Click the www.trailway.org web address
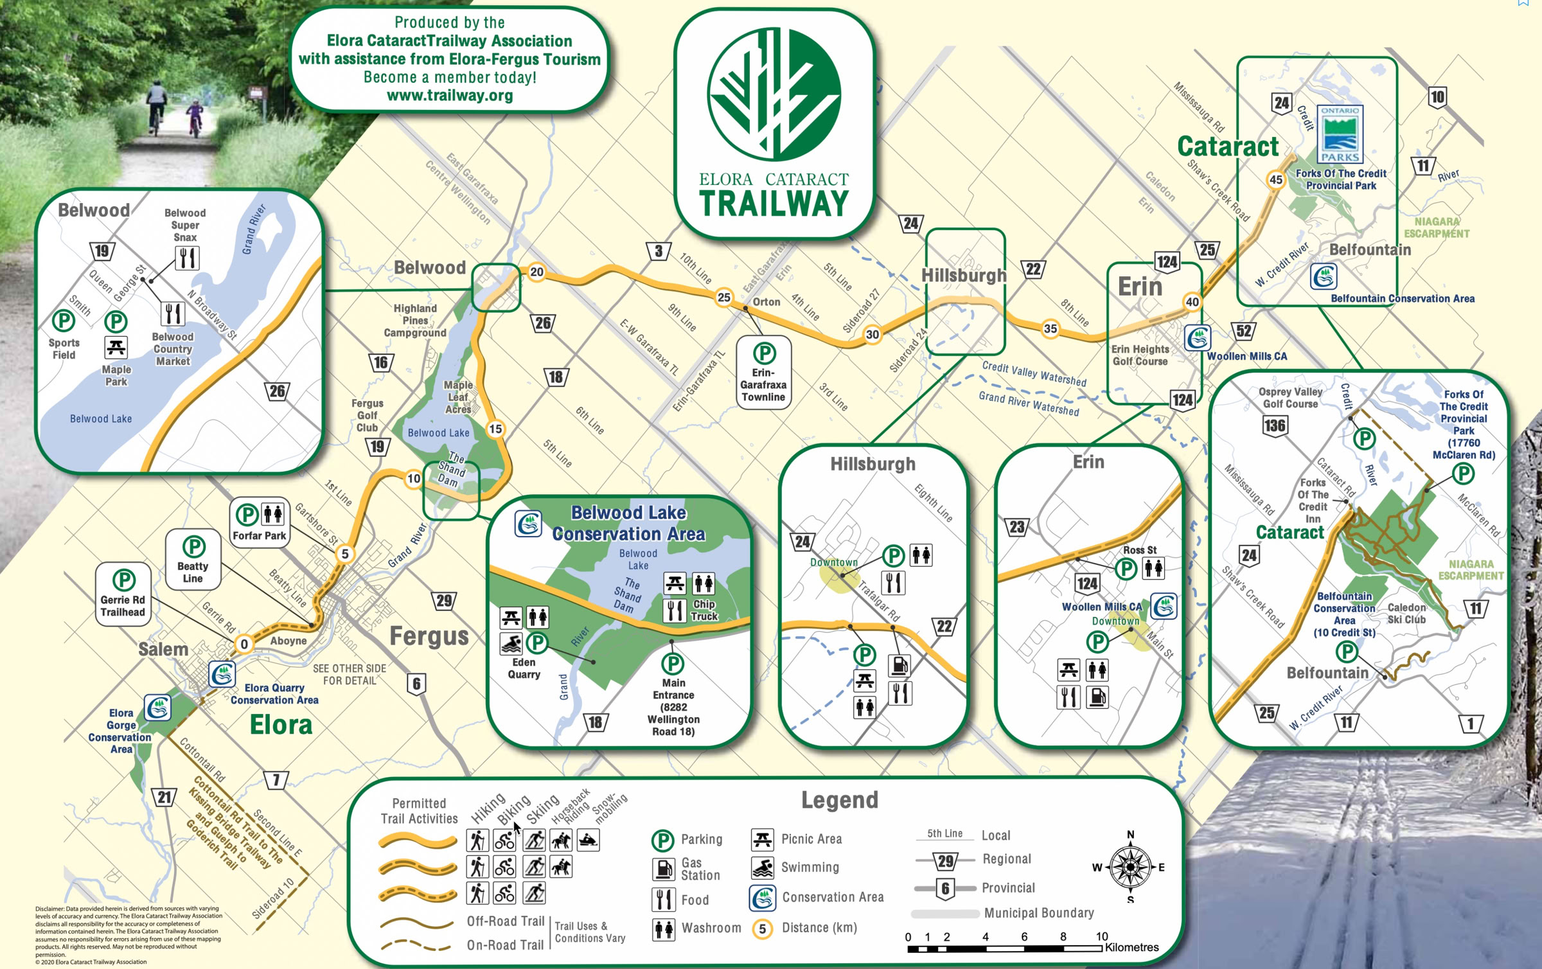(x=450, y=96)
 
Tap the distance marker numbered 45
(x=1276, y=180)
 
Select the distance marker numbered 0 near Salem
(x=244, y=644)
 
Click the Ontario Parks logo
(x=1340, y=134)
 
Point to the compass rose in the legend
(x=1130, y=867)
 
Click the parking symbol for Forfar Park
(x=247, y=515)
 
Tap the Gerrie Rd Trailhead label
(x=123, y=606)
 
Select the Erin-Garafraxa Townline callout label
(x=763, y=385)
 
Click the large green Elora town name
(x=281, y=725)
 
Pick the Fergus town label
(x=429, y=636)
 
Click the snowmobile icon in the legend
(x=589, y=840)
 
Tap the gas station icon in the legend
(x=663, y=869)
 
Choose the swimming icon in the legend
(x=763, y=867)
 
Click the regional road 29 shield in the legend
(x=945, y=861)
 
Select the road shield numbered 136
(x=1275, y=425)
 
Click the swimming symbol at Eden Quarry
(x=511, y=643)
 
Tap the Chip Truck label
(x=704, y=610)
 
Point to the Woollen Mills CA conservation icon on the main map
(x=1198, y=338)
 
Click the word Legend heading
(x=839, y=800)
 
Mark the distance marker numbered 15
(x=495, y=429)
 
